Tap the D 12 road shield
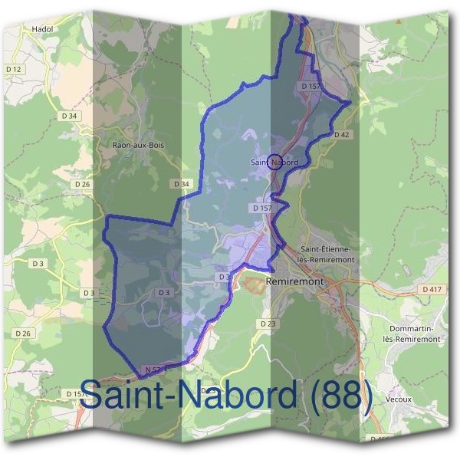(x=14, y=70)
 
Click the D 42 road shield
(x=342, y=134)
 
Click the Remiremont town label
(x=295, y=281)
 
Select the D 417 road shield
(x=432, y=289)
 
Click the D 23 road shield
(x=268, y=324)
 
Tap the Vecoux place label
(x=399, y=399)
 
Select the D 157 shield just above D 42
(x=310, y=87)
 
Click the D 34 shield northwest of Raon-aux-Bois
(x=69, y=116)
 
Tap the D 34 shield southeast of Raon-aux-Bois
(x=181, y=184)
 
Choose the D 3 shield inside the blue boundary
(x=164, y=293)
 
